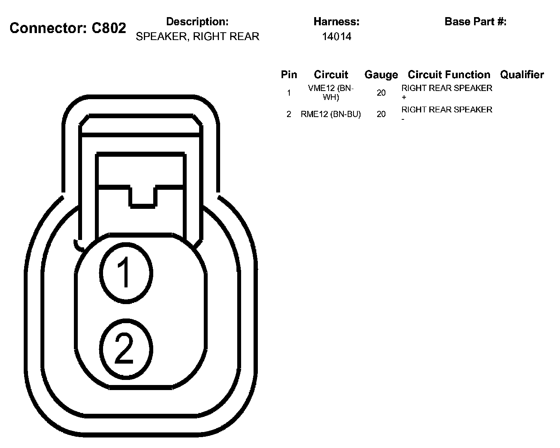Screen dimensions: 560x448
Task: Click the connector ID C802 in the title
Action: pyautogui.click(x=109, y=28)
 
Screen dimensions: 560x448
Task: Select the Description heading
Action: pyautogui.click(x=197, y=21)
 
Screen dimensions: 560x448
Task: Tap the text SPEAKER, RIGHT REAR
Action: pyautogui.click(x=197, y=37)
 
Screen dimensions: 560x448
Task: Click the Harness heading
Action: pyautogui.click(x=336, y=21)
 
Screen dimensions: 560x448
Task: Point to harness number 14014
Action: pyautogui.click(x=336, y=37)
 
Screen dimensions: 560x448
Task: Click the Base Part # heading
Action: pyautogui.click(x=475, y=21)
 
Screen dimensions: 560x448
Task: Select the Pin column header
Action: pyautogui.click(x=289, y=75)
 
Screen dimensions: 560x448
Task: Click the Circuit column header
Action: pyautogui.click(x=331, y=75)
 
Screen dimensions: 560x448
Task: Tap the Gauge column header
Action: pyautogui.click(x=381, y=75)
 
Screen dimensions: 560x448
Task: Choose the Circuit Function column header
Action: pyautogui.click(x=449, y=75)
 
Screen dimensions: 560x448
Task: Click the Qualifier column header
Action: pyautogui.click(x=522, y=75)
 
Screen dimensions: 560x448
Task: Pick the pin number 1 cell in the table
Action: pyautogui.click(x=289, y=93)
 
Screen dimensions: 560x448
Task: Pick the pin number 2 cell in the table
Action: pyautogui.click(x=289, y=114)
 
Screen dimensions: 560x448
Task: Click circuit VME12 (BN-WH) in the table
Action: pyautogui.click(x=331, y=93)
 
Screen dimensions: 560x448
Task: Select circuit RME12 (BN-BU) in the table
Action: pyautogui.click(x=331, y=114)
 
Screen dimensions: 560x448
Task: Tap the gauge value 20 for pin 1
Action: pyautogui.click(x=381, y=93)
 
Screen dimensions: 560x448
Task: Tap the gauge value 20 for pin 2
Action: pyautogui.click(x=381, y=114)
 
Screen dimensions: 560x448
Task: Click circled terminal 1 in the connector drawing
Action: pyautogui.click(x=125, y=273)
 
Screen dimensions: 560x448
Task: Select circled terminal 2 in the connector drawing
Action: pyautogui.click(x=125, y=349)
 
